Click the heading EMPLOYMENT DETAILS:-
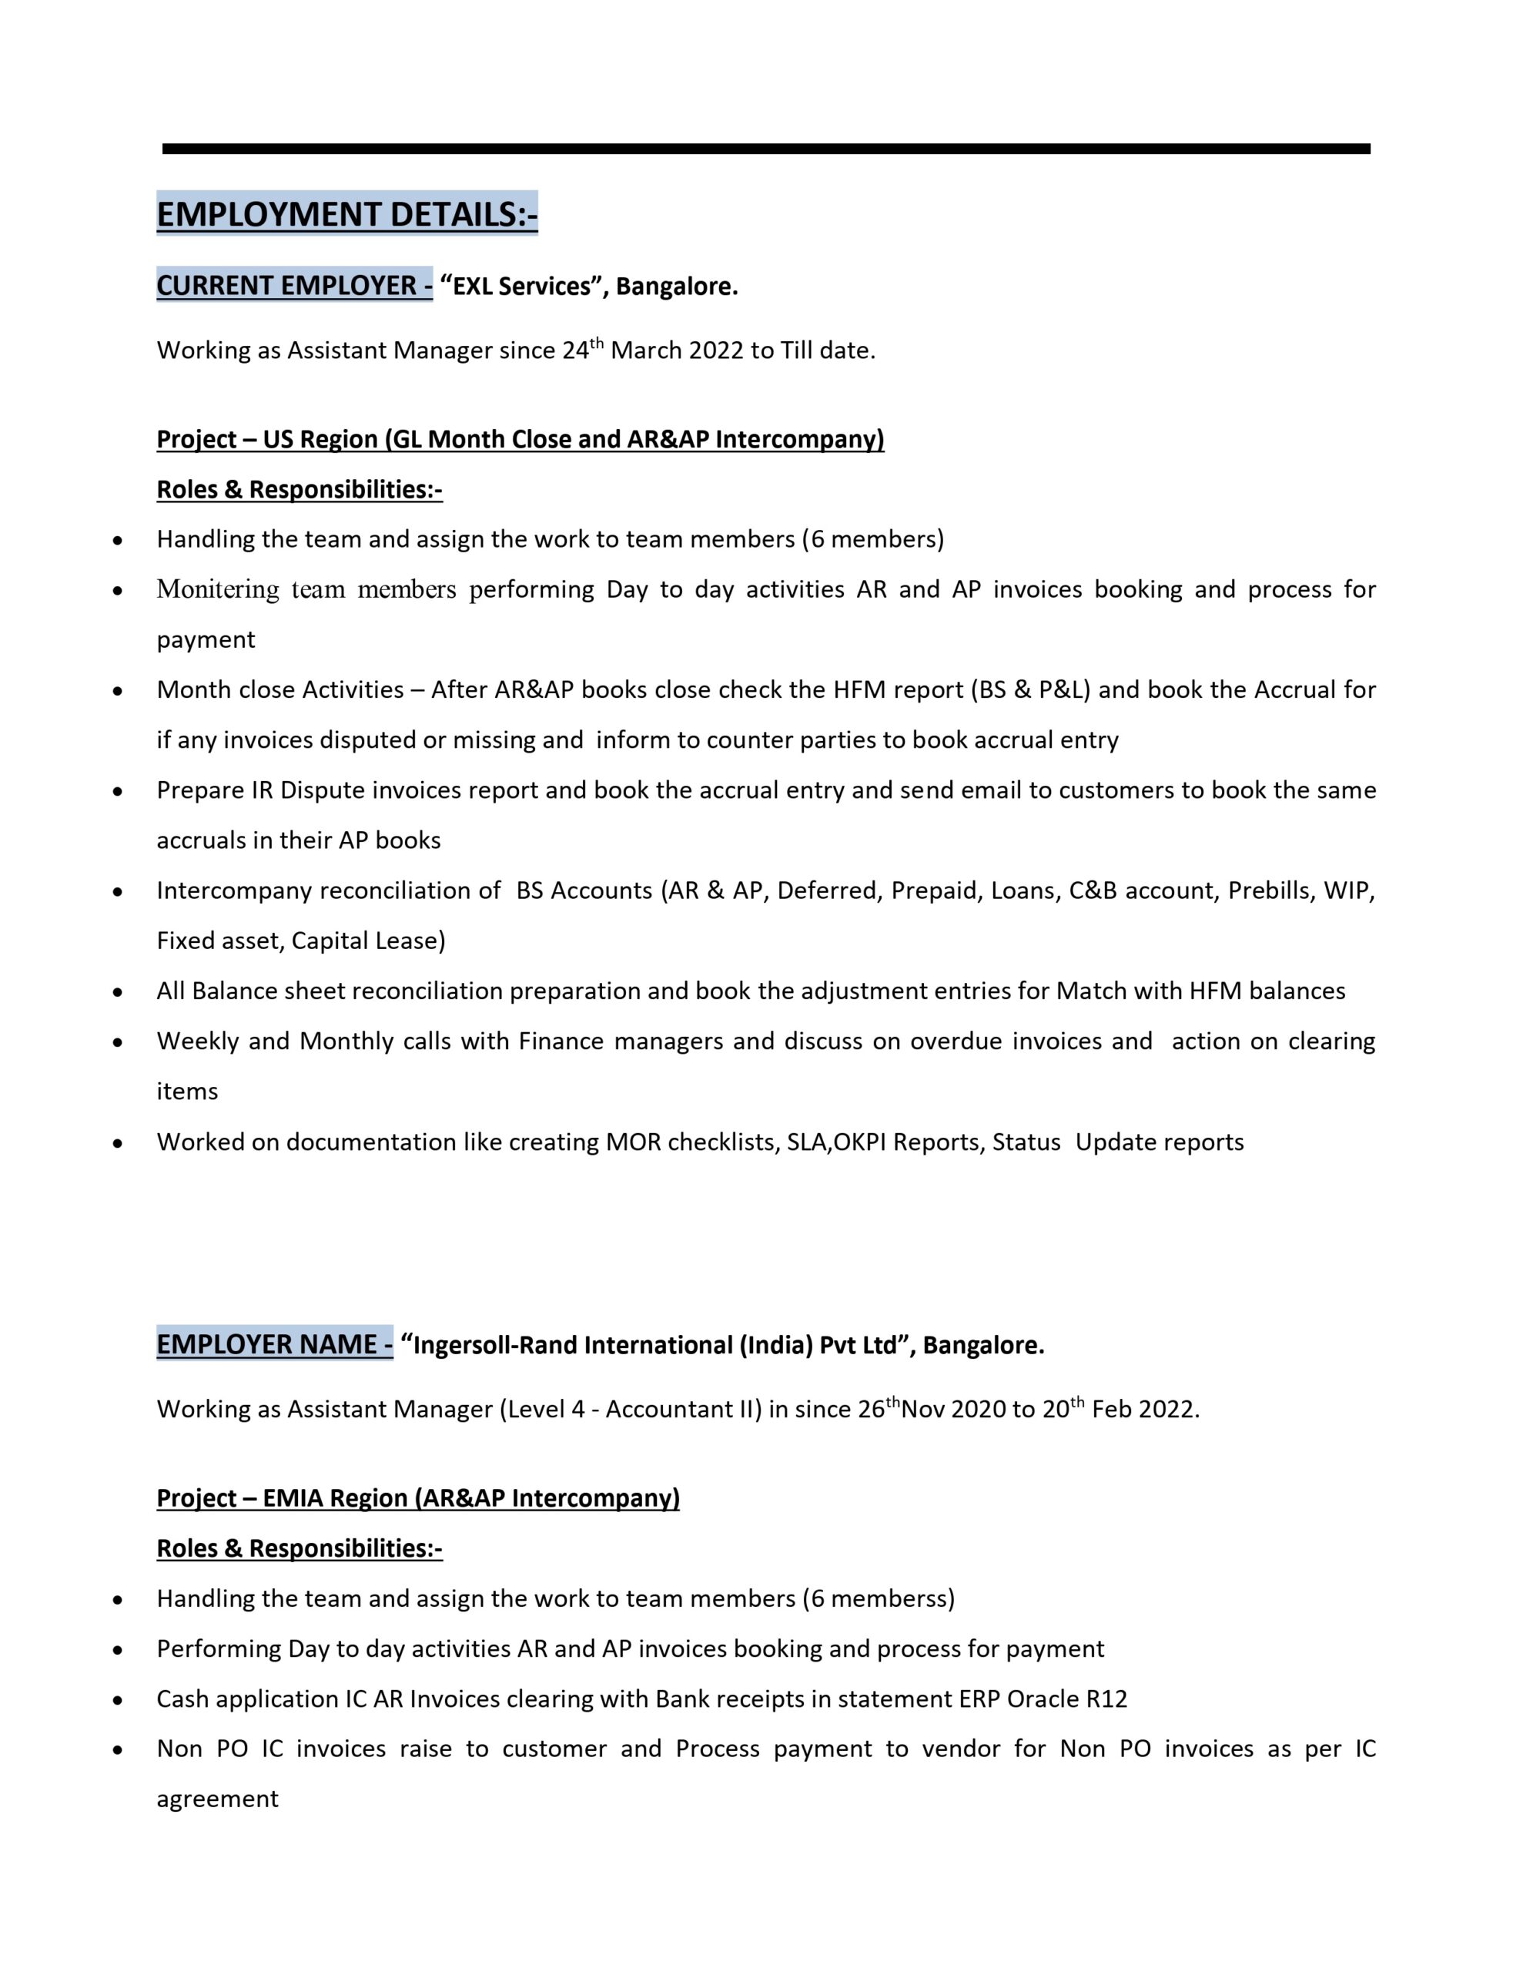346,214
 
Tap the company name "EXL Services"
522,287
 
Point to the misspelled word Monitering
218,589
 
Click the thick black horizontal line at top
765,149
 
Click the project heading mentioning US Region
520,439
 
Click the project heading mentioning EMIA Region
418,1498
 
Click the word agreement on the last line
218,1799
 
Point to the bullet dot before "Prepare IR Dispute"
117,792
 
